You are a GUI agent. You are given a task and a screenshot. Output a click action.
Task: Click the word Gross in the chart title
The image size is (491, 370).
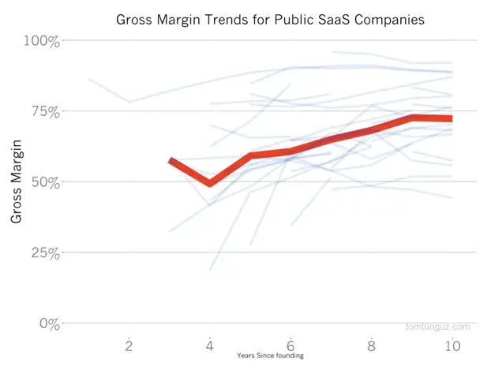(135, 20)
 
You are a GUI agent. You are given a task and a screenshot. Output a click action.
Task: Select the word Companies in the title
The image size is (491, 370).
(389, 21)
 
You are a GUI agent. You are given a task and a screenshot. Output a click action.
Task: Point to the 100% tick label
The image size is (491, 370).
(42, 41)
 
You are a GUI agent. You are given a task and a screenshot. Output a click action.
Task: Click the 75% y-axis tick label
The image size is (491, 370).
(45, 112)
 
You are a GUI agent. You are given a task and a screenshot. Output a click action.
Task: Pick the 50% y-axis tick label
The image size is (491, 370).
(45, 182)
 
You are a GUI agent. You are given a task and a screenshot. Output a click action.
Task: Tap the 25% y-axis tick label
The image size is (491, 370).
(45, 253)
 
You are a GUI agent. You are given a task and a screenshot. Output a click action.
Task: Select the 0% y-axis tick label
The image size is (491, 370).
(50, 324)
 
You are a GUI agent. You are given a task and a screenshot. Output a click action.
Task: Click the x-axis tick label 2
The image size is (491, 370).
(129, 346)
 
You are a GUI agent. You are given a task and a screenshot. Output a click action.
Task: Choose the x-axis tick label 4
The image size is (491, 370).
(210, 346)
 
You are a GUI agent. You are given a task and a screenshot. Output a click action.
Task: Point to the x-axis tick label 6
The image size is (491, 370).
(290, 346)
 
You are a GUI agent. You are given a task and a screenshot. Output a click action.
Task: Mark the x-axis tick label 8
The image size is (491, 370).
(371, 346)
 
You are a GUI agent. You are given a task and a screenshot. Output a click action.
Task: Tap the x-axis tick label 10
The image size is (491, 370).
(452, 346)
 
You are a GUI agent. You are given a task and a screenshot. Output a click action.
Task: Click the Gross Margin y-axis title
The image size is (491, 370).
(17, 181)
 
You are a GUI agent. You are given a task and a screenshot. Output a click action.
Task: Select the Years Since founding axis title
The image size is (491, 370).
(270, 356)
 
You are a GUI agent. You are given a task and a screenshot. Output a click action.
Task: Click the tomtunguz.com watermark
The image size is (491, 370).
(438, 327)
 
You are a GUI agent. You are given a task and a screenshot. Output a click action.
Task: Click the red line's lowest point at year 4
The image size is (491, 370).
(210, 183)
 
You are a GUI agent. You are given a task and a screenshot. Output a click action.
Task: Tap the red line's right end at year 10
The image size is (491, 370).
(452, 118)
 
